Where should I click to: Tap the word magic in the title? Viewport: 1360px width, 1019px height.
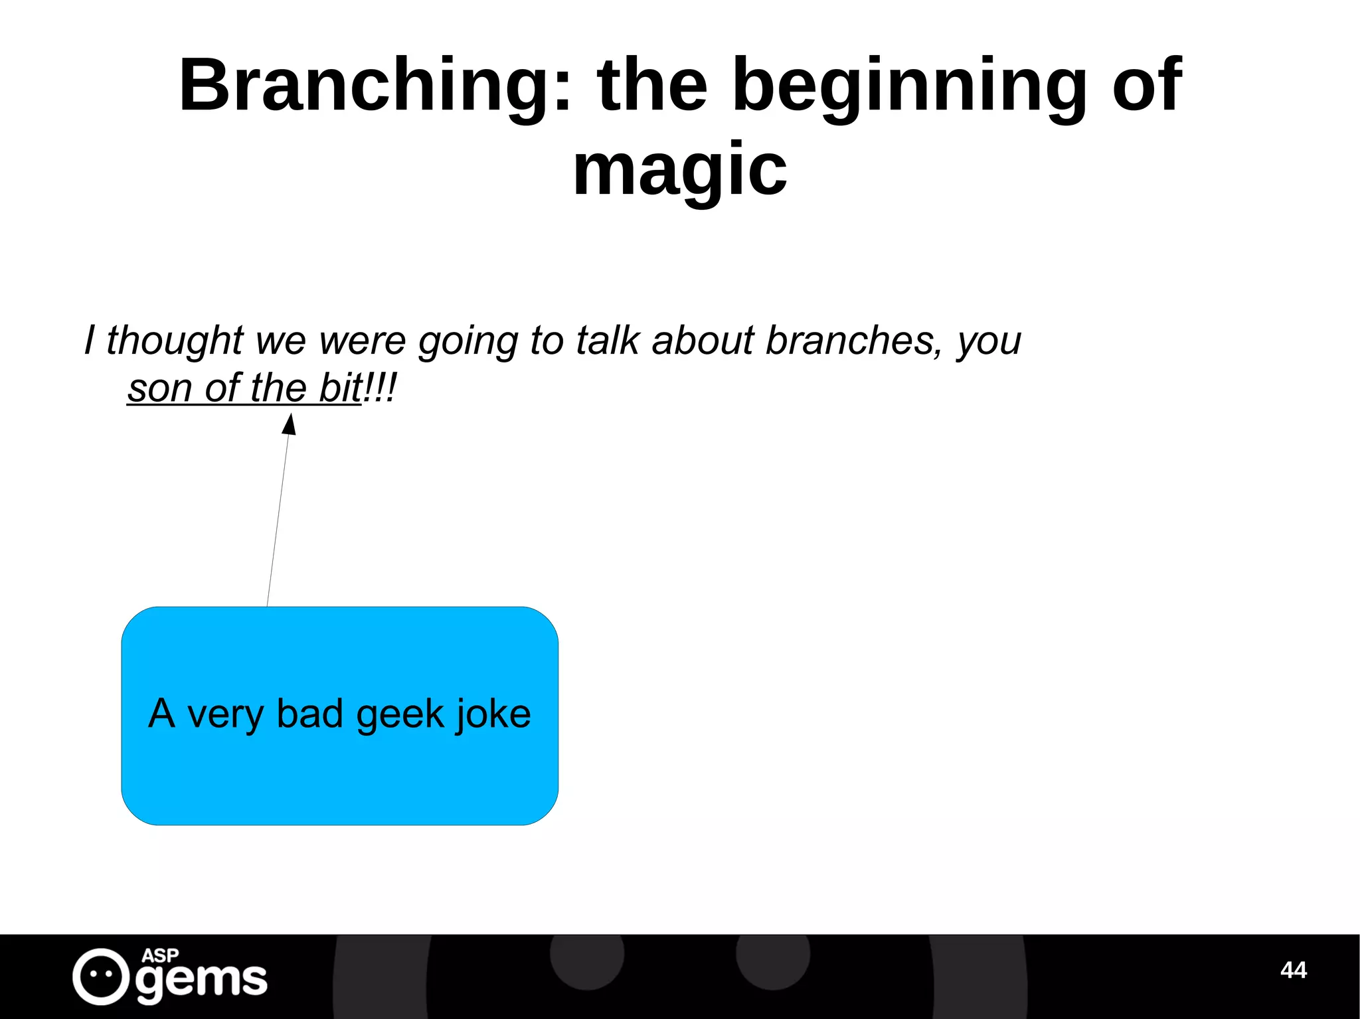pos(679,171)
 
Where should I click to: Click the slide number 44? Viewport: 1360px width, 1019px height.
pos(1293,970)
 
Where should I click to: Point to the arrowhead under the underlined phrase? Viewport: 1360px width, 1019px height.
pos(290,425)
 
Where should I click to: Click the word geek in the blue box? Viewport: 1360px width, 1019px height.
pos(400,715)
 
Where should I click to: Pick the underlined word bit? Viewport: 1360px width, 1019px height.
pos(340,388)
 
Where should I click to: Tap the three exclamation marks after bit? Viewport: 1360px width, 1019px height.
pos(381,388)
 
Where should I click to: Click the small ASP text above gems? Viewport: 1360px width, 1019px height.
pos(160,955)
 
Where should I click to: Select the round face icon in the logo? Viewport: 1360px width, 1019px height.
pos(101,977)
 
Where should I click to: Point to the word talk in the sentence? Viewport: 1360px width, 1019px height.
pos(608,341)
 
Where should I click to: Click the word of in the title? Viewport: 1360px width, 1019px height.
pos(1147,86)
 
